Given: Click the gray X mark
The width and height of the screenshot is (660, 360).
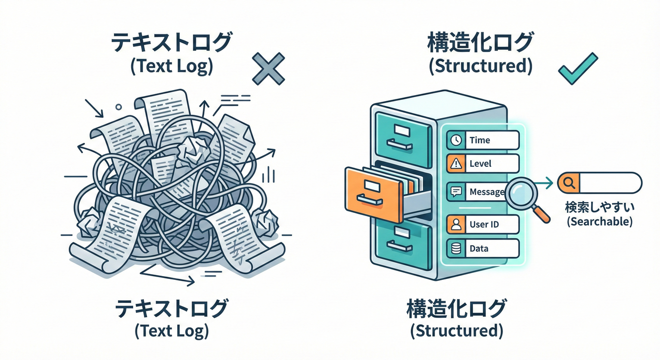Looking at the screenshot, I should click(268, 69).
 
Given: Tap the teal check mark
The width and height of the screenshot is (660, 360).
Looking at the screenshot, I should click(578, 68).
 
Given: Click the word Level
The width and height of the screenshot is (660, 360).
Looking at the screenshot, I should click(480, 164).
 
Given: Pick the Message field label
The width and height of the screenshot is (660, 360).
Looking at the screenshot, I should click(487, 192).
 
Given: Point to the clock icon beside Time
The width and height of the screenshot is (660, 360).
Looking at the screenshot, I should click(455, 140).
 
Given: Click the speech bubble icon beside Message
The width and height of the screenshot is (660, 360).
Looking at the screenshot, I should click(455, 192).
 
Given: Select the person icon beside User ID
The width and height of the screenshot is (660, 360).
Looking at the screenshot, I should click(455, 225).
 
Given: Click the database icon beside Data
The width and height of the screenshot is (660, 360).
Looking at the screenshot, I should click(455, 249).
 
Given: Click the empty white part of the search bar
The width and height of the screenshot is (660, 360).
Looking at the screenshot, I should click(609, 183).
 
